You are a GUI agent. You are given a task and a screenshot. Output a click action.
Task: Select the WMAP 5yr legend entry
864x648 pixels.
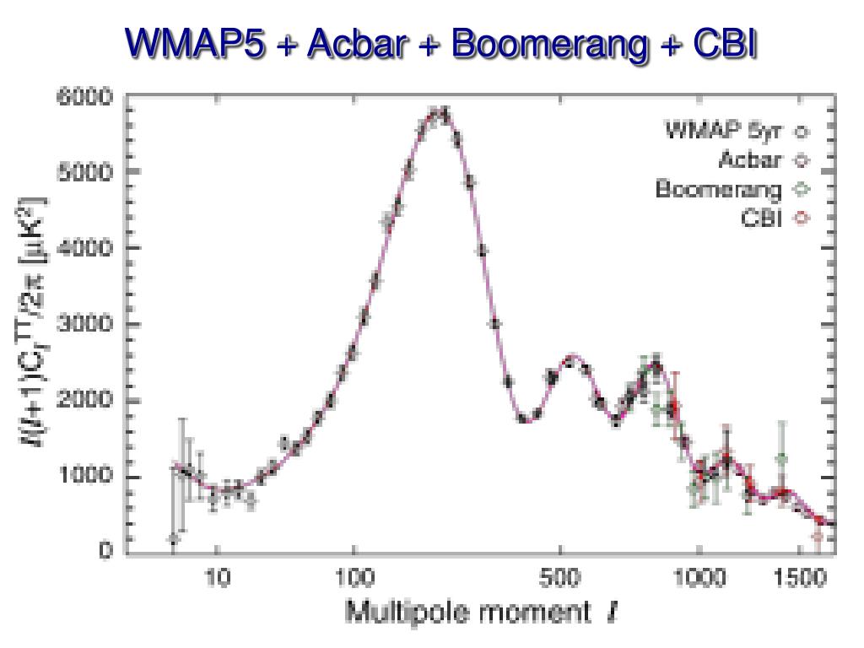click(x=725, y=132)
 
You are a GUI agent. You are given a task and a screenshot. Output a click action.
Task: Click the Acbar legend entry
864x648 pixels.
click(x=751, y=160)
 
